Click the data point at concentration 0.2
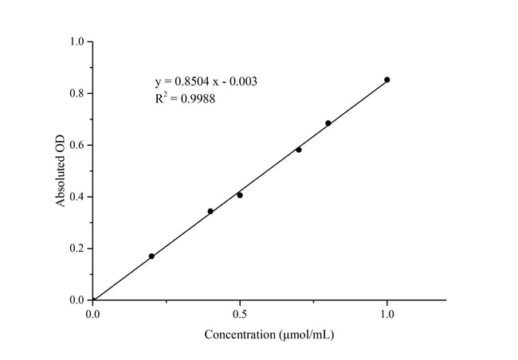(x=151, y=256)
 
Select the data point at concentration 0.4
(x=210, y=211)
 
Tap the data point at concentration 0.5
(x=240, y=195)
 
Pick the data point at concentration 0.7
(x=299, y=150)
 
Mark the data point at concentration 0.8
(x=328, y=123)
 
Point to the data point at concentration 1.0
(x=387, y=80)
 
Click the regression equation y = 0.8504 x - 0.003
(x=206, y=81)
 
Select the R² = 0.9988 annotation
(x=185, y=100)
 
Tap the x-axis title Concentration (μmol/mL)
(x=269, y=335)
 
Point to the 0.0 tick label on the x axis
(x=93, y=315)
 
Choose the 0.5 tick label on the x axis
(x=240, y=315)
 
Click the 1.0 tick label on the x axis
(x=387, y=315)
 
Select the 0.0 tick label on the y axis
(x=78, y=300)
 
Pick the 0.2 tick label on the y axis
(x=78, y=248)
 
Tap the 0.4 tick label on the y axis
(x=78, y=197)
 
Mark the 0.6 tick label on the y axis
(x=78, y=145)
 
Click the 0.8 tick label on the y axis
(x=78, y=93)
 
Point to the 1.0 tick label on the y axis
(x=78, y=41)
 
